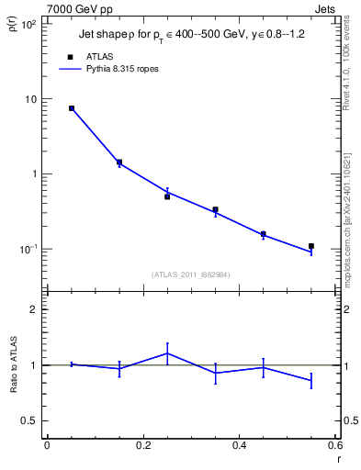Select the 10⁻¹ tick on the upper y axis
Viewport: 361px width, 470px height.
click(28, 249)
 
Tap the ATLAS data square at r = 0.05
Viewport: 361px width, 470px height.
click(72, 108)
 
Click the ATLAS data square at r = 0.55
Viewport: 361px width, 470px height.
click(311, 246)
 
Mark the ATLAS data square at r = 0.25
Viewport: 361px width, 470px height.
click(167, 196)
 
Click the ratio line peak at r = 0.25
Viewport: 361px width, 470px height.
click(167, 352)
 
